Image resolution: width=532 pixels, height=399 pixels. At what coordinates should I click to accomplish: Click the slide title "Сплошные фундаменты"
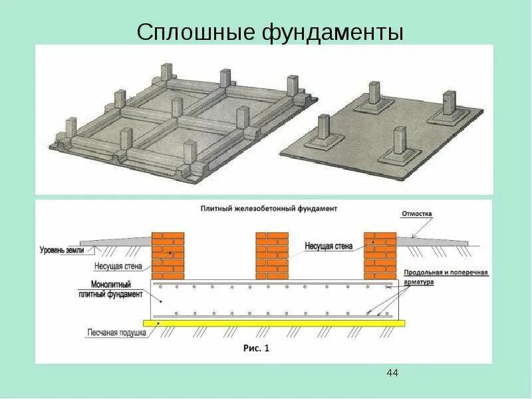(x=270, y=32)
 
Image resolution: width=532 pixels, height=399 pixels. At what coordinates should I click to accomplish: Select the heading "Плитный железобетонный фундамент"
(x=269, y=208)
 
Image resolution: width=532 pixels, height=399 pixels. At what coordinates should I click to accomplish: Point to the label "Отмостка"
(x=416, y=214)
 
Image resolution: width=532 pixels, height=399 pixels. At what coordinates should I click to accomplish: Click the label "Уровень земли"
(x=63, y=250)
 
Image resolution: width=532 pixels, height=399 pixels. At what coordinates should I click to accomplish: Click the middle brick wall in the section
(x=273, y=255)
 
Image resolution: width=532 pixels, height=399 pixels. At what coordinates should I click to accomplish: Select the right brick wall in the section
(x=380, y=255)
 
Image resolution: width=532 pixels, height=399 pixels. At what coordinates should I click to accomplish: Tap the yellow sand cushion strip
(x=279, y=323)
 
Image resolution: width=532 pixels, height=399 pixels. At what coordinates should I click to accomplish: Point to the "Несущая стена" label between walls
(x=329, y=245)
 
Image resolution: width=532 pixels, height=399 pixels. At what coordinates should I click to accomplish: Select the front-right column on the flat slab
(x=399, y=142)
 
